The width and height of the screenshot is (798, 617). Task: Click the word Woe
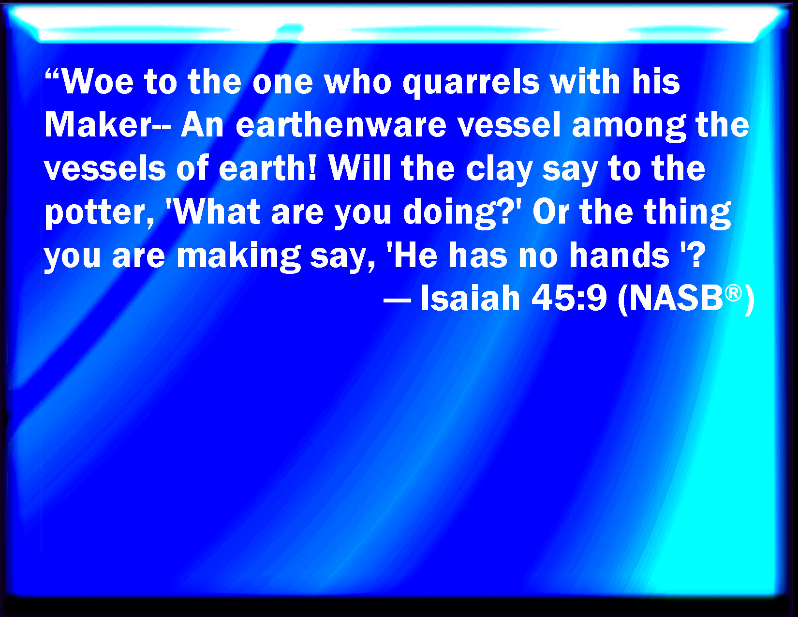point(98,81)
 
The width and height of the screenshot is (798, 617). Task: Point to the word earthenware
point(341,125)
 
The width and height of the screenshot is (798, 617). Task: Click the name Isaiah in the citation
point(470,298)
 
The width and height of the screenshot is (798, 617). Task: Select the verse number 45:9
point(569,298)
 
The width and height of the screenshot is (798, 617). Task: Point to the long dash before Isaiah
point(397,301)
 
